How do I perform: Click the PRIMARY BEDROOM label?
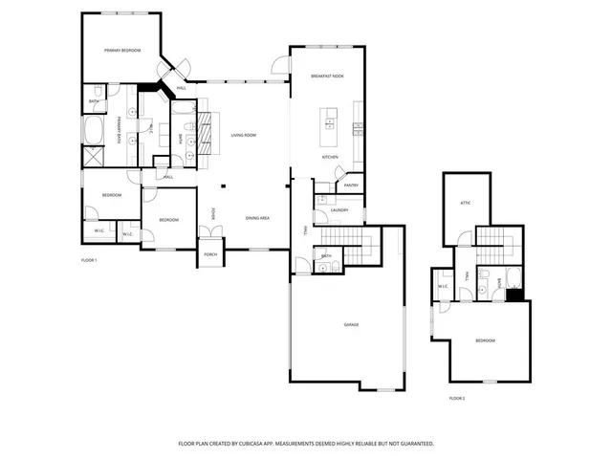(x=123, y=50)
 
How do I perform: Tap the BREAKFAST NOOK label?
(x=327, y=76)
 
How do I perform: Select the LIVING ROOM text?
(x=244, y=136)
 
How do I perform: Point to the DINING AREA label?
(x=257, y=218)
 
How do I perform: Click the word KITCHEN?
(x=330, y=157)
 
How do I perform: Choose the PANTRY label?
(x=351, y=186)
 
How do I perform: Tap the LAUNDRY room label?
(x=339, y=210)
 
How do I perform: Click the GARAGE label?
(x=352, y=325)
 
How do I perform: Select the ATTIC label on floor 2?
(x=466, y=203)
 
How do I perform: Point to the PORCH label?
(x=210, y=254)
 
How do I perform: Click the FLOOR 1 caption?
(x=89, y=260)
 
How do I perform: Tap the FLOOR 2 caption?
(x=457, y=398)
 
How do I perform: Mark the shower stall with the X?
(x=94, y=157)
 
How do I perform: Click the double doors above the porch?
(x=210, y=232)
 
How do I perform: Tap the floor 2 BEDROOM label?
(x=485, y=340)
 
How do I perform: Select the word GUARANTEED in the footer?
(x=414, y=444)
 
